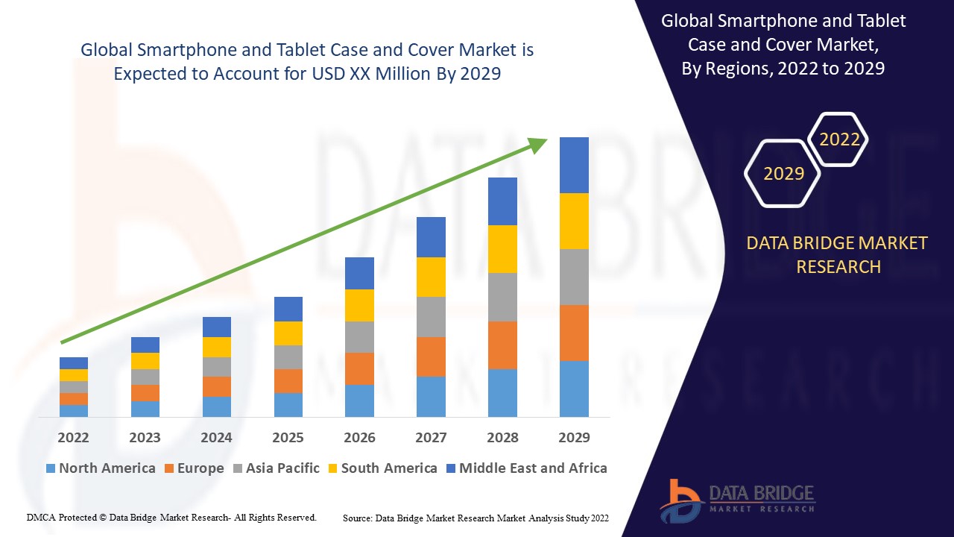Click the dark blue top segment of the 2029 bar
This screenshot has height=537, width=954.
point(574,165)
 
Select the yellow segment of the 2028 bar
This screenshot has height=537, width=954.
point(502,248)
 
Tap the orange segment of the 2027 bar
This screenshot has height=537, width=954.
point(431,357)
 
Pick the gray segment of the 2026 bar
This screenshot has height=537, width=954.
point(359,337)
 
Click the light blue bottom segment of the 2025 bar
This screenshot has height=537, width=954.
point(288,404)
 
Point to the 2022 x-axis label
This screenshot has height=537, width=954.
point(73,437)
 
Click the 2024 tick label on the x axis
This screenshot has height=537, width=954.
point(216,437)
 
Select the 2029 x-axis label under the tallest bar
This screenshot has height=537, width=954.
point(574,437)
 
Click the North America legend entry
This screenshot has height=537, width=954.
point(101,468)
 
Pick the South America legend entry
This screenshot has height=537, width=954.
point(382,468)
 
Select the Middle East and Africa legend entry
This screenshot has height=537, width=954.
point(526,468)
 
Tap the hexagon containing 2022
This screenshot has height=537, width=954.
point(839,139)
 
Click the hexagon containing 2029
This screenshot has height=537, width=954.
point(783,174)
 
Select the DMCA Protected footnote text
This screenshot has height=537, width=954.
point(171,517)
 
